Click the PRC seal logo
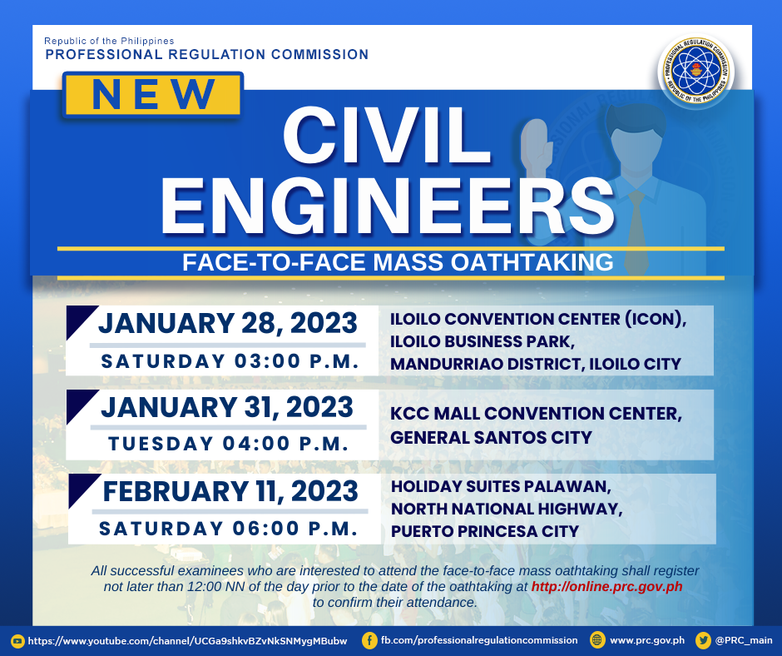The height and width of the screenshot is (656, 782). (x=696, y=71)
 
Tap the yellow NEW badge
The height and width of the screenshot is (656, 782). (x=152, y=95)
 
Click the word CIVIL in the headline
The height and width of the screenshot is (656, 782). (x=387, y=136)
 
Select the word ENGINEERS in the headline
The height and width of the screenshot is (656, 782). (x=388, y=206)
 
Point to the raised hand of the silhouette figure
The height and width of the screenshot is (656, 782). (x=537, y=145)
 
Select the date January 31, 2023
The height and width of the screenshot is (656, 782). (x=227, y=407)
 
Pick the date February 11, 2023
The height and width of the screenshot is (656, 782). (x=230, y=491)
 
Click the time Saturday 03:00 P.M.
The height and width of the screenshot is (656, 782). (x=230, y=361)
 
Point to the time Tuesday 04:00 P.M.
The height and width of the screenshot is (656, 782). (x=229, y=444)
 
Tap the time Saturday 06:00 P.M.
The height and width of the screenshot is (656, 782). (x=229, y=528)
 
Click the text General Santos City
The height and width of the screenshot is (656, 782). (x=491, y=437)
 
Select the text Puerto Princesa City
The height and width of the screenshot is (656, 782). (x=485, y=531)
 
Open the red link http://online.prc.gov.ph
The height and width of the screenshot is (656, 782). (x=607, y=586)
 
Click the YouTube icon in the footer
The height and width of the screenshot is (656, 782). (x=17, y=641)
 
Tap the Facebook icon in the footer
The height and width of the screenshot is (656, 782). (x=369, y=640)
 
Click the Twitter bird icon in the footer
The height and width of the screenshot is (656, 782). (x=704, y=640)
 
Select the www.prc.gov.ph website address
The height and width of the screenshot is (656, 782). (x=647, y=640)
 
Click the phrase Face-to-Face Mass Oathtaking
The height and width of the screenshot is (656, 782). (x=398, y=262)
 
